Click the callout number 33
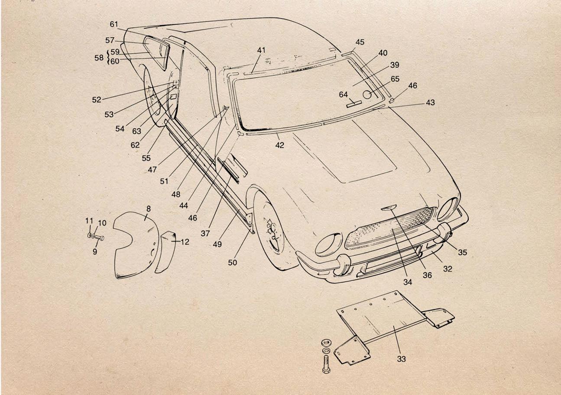(402, 359)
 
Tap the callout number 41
(261, 50)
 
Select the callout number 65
(395, 79)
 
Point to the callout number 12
(185, 242)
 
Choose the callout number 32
(448, 268)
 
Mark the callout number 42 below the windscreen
(280, 145)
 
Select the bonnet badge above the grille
(388, 209)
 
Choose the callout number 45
(360, 42)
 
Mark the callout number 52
(96, 99)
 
